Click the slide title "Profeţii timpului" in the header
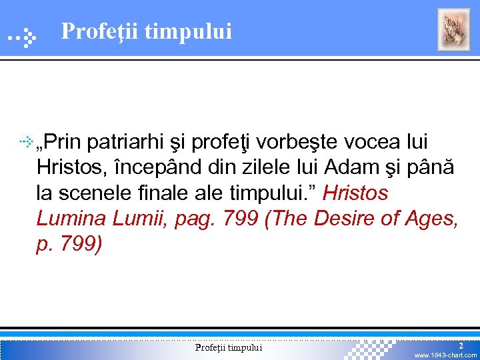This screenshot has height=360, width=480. point(146,31)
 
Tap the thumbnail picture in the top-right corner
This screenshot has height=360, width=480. point(453,30)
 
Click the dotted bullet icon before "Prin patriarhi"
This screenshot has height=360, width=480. point(27,141)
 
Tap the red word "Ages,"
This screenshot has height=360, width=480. point(434,218)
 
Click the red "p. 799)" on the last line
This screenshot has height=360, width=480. point(69,243)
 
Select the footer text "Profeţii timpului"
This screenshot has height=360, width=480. point(229,347)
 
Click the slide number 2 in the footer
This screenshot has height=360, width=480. point(461,345)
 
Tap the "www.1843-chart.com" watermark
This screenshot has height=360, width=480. point(445,355)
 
